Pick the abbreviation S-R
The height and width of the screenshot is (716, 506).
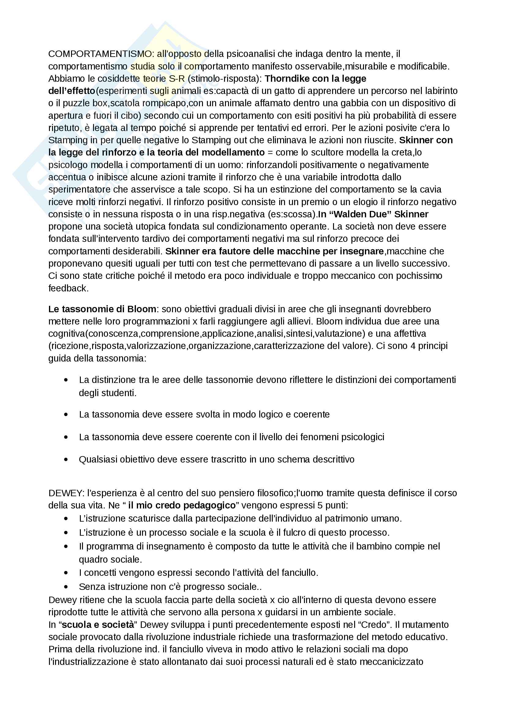pyautogui.click(x=177, y=79)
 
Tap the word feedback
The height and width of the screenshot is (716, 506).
pyautogui.click(x=68, y=288)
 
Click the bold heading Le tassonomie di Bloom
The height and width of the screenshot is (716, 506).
pyautogui.click(x=102, y=309)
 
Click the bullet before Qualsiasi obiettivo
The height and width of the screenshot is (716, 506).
pyautogui.click(x=66, y=459)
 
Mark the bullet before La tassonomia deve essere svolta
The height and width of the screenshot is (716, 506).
pyautogui.click(x=66, y=414)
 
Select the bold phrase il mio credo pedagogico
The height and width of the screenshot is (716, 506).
pyautogui.click(x=182, y=505)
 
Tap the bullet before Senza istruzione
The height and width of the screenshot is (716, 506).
pyautogui.click(x=66, y=587)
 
